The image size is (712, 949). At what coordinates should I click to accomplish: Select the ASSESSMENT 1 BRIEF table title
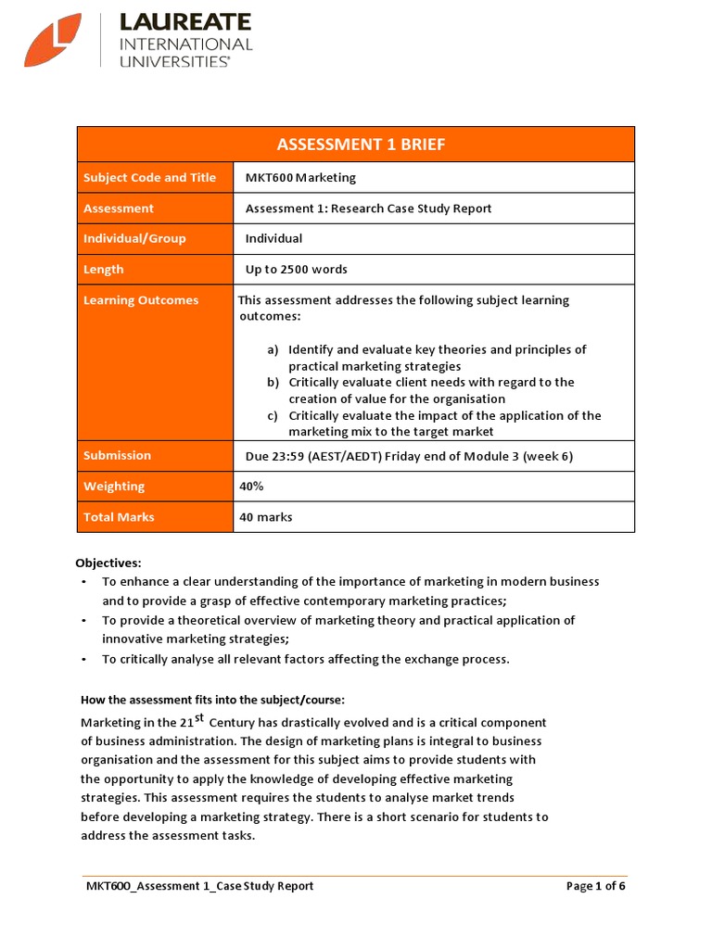coord(356,145)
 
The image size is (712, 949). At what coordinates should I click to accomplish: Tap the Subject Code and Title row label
coord(149,178)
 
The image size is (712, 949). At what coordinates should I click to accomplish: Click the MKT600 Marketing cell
coord(300,178)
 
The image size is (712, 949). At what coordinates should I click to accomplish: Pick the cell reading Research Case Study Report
coord(368,209)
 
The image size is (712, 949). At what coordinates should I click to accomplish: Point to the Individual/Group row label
coord(134,238)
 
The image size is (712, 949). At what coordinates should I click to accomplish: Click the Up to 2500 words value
coord(296,270)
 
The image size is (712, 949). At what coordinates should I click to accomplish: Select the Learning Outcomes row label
coord(141,300)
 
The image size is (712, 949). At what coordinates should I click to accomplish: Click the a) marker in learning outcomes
coord(273,350)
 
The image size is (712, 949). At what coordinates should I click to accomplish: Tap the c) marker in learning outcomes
coord(273,416)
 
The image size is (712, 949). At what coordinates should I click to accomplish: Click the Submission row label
coord(117,455)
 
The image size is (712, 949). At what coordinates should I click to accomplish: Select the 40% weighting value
coord(251,487)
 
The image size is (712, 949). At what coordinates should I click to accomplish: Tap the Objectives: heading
coord(108,563)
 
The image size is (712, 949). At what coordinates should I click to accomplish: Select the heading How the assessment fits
coord(212,700)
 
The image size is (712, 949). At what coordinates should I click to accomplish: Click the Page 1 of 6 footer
coord(595,886)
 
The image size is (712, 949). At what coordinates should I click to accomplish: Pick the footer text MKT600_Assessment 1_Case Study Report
coord(199,886)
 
